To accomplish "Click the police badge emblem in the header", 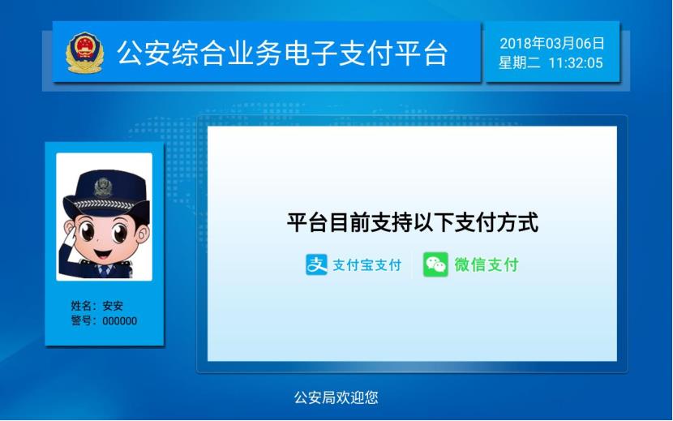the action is [84, 53].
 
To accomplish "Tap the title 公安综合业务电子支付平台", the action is [283, 54].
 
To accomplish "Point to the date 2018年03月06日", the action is [552, 43].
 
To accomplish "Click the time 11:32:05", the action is [576, 63].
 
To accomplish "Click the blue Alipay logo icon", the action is [316, 264].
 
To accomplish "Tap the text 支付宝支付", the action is [367, 265].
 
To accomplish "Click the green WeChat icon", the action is [435, 264].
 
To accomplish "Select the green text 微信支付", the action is [487, 264].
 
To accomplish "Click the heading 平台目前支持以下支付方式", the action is [413, 222].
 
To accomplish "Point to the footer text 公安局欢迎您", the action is [336, 397].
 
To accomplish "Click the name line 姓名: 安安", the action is [97, 306].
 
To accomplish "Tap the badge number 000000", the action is [120, 321].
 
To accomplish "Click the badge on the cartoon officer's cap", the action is [104, 187].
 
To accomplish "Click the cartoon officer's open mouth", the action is [103, 253].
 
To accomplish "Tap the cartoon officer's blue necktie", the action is [104, 270].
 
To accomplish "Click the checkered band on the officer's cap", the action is [105, 204].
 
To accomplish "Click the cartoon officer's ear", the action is [144, 234].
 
